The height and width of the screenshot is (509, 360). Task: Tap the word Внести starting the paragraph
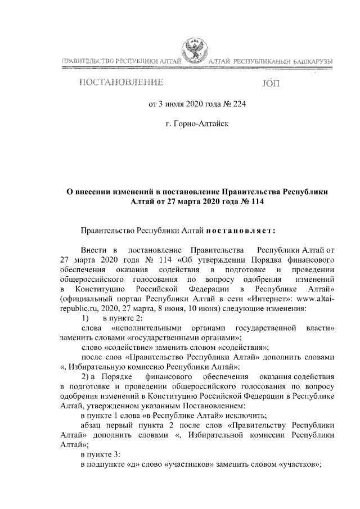92,249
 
